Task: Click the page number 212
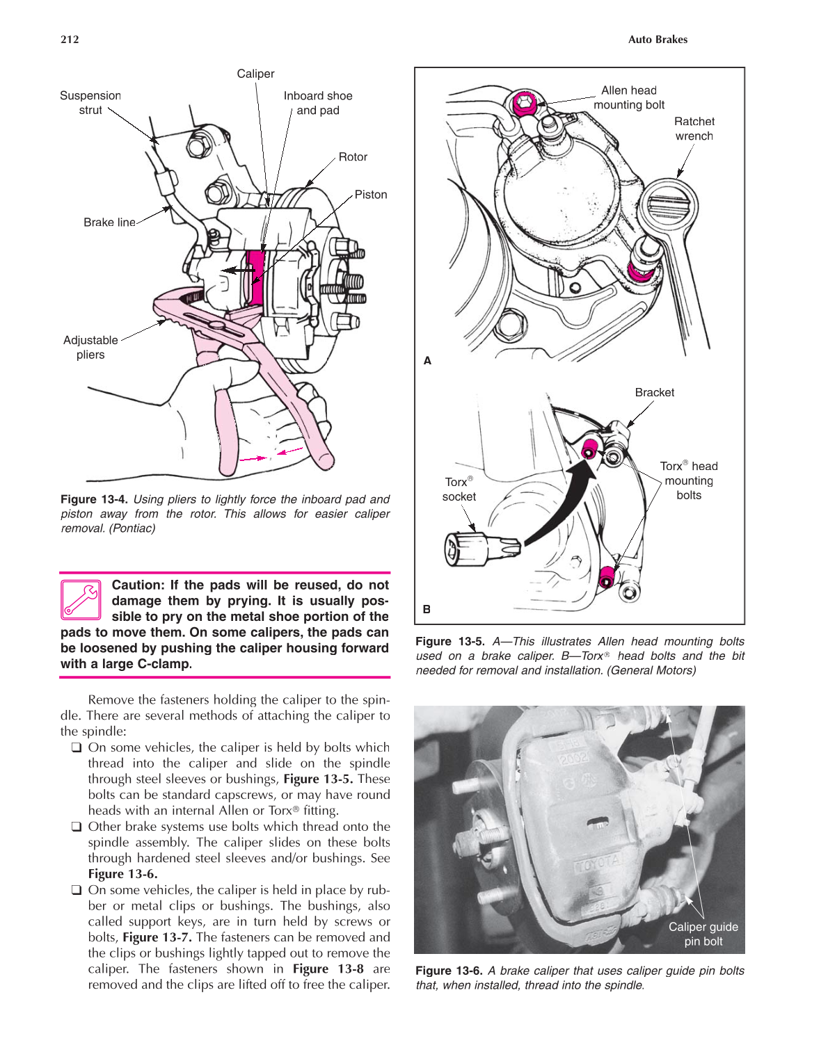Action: pyautogui.click(x=70, y=40)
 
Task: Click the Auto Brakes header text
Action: pyautogui.click(x=657, y=40)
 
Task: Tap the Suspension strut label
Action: pyautogui.click(x=90, y=103)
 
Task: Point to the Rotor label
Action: pyautogui.click(x=353, y=157)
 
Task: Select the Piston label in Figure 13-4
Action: pyautogui.click(x=370, y=195)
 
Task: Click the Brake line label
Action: pyautogui.click(x=109, y=222)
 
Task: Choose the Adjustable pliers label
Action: pyautogui.click(x=90, y=347)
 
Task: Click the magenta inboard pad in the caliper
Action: pyautogui.click(x=256, y=278)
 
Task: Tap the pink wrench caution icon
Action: pyautogui.click(x=81, y=599)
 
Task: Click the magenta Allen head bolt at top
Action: pyautogui.click(x=523, y=105)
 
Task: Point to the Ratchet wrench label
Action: pyautogui.click(x=694, y=129)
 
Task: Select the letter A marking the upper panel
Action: pyautogui.click(x=427, y=360)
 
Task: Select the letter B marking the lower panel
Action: pyautogui.click(x=427, y=609)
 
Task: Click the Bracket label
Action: pyautogui.click(x=654, y=393)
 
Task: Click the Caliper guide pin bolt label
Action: pyautogui.click(x=703, y=934)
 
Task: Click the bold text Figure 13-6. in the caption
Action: pyautogui.click(x=449, y=971)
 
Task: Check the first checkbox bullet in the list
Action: pyautogui.click(x=76, y=747)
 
